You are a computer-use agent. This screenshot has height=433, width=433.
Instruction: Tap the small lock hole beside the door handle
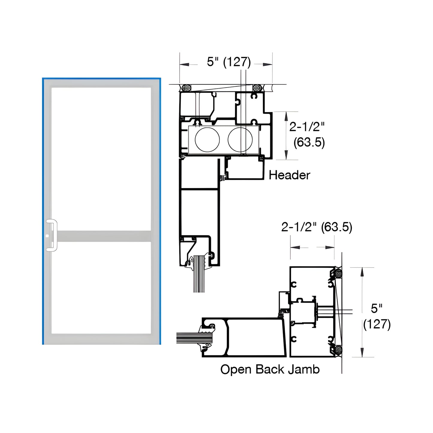(x=47, y=236)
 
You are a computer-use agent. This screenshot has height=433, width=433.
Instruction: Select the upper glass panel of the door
(x=101, y=159)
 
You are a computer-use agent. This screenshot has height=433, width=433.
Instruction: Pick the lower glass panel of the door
(x=101, y=288)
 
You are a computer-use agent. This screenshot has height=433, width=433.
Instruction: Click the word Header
(x=289, y=175)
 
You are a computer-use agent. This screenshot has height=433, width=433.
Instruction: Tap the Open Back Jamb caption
(x=270, y=369)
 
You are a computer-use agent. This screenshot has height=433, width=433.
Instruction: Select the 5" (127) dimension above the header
(x=229, y=62)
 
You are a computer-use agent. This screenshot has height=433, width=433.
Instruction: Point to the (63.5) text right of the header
(x=309, y=142)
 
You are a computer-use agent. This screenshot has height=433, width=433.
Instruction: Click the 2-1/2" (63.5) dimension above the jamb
(x=316, y=227)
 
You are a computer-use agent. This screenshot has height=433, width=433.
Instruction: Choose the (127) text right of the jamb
(x=377, y=325)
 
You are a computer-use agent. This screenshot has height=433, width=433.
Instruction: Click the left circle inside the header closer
(x=207, y=140)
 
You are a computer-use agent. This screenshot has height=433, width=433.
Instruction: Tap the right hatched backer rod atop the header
(x=257, y=88)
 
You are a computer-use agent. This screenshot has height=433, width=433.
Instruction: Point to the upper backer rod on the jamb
(x=338, y=274)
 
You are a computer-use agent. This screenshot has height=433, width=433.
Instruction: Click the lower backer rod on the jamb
(x=338, y=350)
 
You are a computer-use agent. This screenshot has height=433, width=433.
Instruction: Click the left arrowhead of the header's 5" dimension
(x=183, y=64)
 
